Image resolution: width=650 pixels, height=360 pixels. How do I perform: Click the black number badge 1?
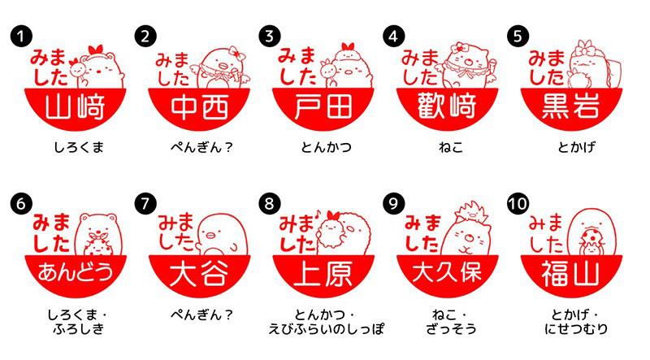point(21,36)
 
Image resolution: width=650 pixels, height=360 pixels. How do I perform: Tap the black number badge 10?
point(518,204)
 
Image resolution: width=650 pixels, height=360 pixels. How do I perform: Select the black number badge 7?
point(145,204)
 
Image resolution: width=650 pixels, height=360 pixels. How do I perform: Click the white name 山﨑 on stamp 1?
point(75,106)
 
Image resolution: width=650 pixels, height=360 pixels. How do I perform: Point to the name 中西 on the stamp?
point(199,106)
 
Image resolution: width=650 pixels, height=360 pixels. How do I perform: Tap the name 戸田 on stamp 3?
point(323,106)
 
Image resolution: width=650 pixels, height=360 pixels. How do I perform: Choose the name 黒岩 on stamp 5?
point(571,106)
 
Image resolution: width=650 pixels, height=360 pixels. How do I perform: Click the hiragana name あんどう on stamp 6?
point(76,272)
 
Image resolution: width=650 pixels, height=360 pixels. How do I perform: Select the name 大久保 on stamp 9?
point(447,272)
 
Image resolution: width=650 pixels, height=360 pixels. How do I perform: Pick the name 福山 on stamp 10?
point(570,273)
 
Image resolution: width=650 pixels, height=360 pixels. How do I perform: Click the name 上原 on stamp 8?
point(323,273)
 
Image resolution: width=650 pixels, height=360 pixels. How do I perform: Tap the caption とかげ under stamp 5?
point(576,147)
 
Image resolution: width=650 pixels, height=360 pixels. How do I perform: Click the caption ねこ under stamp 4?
point(451,147)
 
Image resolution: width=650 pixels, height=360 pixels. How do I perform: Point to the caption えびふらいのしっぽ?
point(326,329)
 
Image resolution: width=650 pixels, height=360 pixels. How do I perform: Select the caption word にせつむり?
point(576,329)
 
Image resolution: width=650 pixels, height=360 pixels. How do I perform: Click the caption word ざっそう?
point(451,329)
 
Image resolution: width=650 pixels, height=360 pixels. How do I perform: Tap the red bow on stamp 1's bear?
point(95,50)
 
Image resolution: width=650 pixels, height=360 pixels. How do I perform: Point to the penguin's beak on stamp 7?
point(211,236)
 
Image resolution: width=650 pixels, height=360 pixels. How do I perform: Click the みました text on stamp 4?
point(419,67)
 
